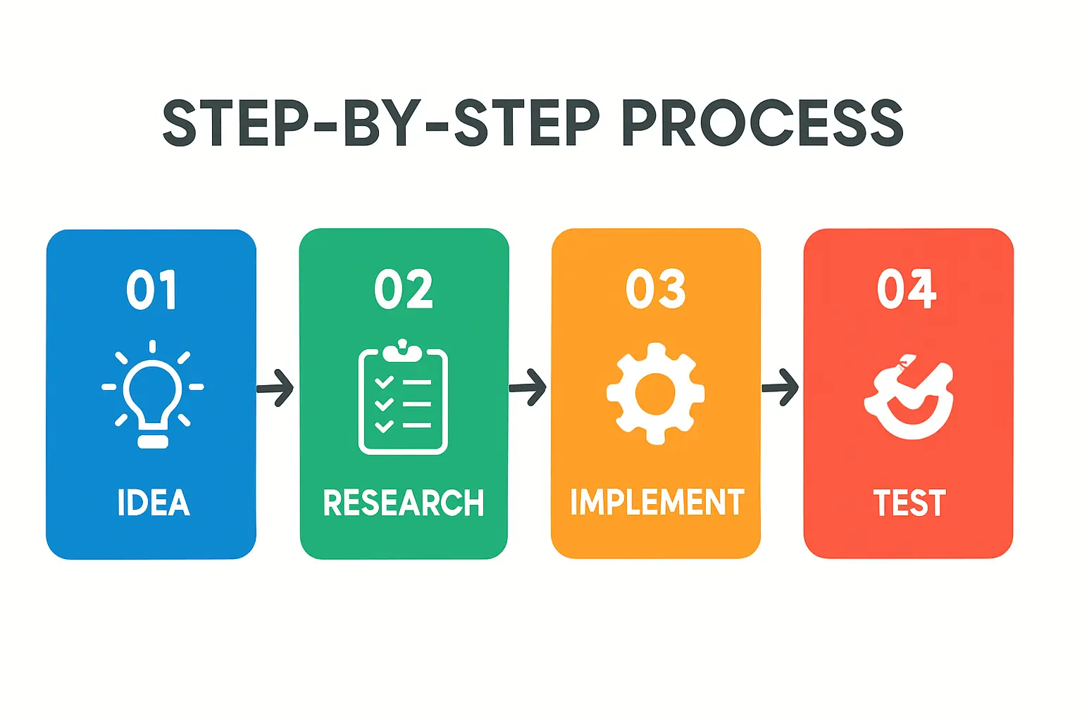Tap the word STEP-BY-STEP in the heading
point(380,123)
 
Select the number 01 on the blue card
point(151,289)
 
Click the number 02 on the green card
point(404,289)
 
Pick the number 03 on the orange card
point(655,289)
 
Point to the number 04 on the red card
point(907,289)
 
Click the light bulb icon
point(153,394)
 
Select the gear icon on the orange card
point(655,394)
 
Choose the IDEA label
point(154,503)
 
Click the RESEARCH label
point(404,503)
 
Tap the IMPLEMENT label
point(657,503)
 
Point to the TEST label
point(909,503)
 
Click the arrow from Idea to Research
point(275,388)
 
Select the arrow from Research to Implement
point(528,388)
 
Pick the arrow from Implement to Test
point(781,388)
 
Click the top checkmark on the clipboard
point(384,382)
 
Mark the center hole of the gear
point(655,394)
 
